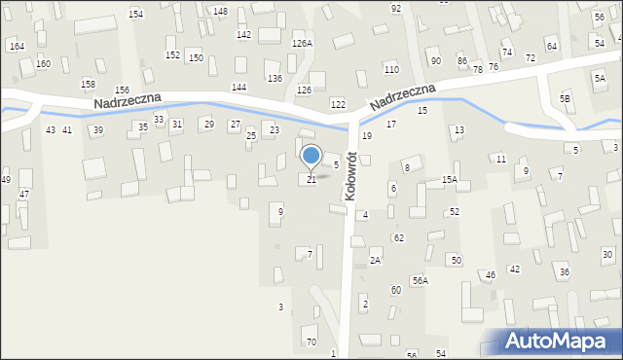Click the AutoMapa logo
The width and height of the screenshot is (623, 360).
pyautogui.click(x=561, y=341)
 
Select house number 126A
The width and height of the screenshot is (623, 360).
pyautogui.click(x=303, y=44)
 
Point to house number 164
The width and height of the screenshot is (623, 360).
pyautogui.click(x=17, y=47)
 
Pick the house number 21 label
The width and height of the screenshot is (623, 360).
pyautogui.click(x=311, y=180)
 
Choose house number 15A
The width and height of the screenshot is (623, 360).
pyautogui.click(x=450, y=180)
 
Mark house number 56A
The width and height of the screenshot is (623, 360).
pyautogui.click(x=420, y=280)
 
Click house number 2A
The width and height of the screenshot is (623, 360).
pyautogui.click(x=375, y=261)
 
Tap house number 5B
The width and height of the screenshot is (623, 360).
pyautogui.click(x=565, y=99)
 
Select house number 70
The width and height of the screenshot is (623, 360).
pyautogui.click(x=311, y=342)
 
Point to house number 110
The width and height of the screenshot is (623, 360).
pyautogui.click(x=391, y=70)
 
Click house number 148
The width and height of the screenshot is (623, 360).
pyautogui.click(x=221, y=11)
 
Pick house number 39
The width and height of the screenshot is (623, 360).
pyautogui.click(x=98, y=130)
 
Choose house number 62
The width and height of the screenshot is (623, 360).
pyautogui.click(x=399, y=237)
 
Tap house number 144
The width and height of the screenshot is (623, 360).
pyautogui.click(x=238, y=88)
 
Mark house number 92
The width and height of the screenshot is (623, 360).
pyautogui.click(x=396, y=8)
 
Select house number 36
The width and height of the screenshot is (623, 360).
pyautogui.click(x=565, y=272)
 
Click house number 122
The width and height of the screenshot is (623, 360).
pyautogui.click(x=338, y=104)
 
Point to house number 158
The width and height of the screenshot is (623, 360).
pyautogui.click(x=88, y=85)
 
